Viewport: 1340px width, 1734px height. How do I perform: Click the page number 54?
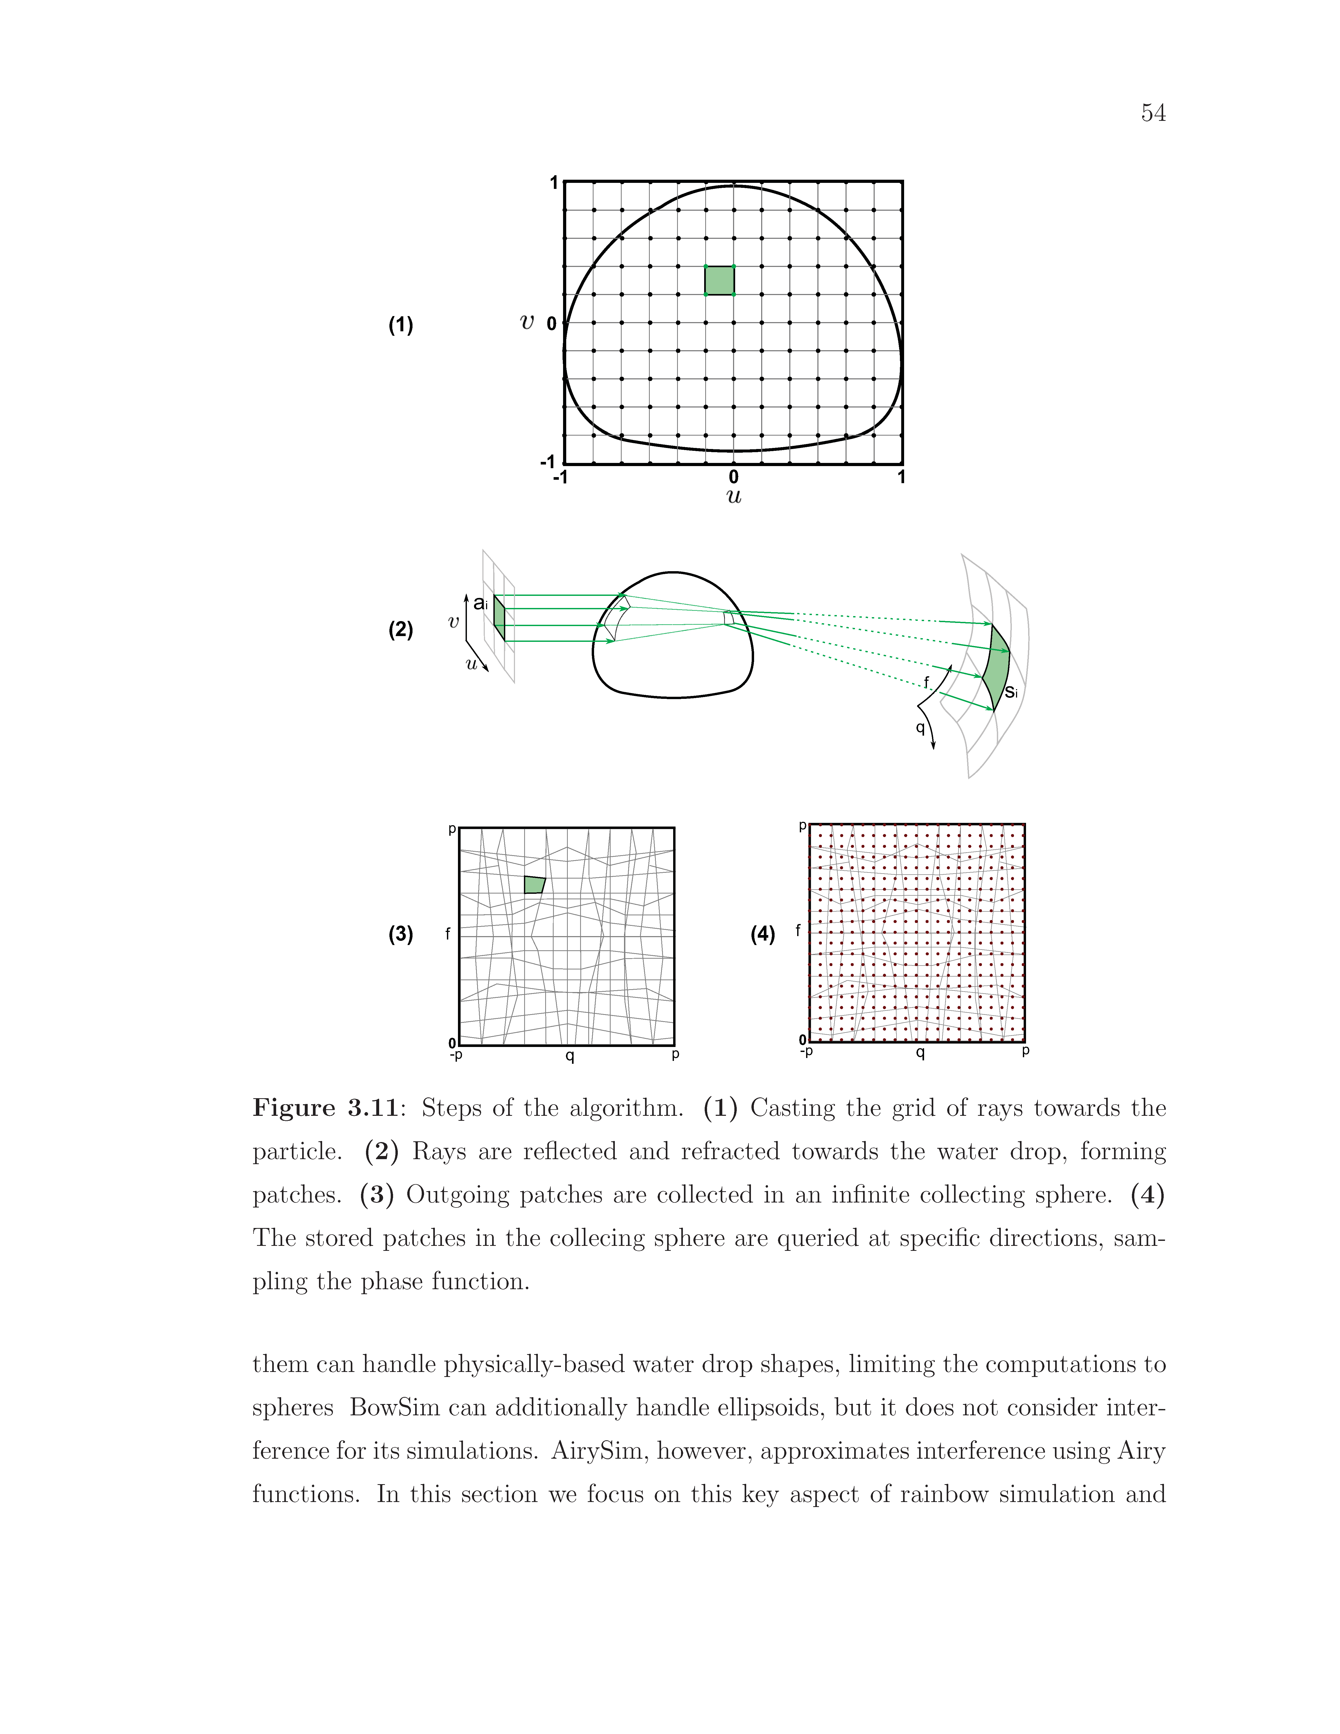pyautogui.click(x=1153, y=113)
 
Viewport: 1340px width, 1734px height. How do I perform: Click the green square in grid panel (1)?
pyautogui.click(x=719, y=280)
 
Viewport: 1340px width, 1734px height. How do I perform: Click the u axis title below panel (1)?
pyautogui.click(x=734, y=497)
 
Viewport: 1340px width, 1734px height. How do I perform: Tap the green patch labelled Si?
pyautogui.click(x=996, y=667)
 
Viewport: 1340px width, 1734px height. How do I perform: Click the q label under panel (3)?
pyautogui.click(x=569, y=1056)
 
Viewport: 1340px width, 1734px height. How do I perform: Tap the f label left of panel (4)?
pyautogui.click(x=798, y=930)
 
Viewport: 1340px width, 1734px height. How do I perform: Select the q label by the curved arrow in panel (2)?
pyautogui.click(x=920, y=727)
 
